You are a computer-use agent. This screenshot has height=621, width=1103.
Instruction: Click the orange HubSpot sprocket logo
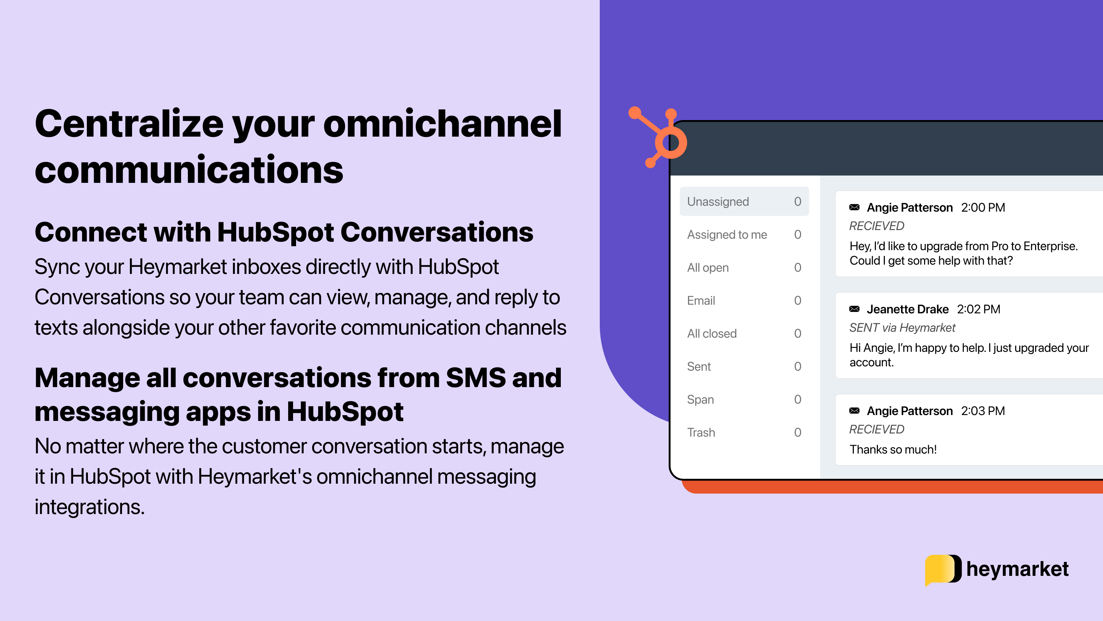[x=661, y=139]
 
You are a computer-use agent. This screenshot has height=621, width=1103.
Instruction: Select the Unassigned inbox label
[x=718, y=201]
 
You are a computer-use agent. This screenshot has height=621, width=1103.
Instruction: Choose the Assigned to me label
[x=727, y=235]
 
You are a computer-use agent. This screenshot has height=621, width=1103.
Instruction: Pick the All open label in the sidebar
[x=707, y=267]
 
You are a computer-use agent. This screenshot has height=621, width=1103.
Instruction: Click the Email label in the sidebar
[x=701, y=300]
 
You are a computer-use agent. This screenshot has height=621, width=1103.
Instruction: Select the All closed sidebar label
[x=712, y=333]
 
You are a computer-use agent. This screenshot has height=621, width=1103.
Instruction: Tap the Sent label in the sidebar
[x=699, y=366]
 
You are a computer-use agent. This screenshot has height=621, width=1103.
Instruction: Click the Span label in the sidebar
[x=700, y=400]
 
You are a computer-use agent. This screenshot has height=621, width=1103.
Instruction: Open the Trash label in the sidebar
[x=701, y=432]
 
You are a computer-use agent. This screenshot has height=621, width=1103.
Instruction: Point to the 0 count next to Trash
[x=797, y=432]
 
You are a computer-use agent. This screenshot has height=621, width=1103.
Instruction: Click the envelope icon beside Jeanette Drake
[x=854, y=309]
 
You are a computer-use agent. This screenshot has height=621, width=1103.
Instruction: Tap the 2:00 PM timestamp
[x=983, y=207]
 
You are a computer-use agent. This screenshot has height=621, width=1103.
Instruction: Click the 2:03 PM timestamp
[x=983, y=411]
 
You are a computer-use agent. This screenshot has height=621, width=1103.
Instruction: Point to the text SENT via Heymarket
[x=902, y=328]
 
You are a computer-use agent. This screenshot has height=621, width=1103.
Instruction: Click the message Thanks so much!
[x=893, y=450]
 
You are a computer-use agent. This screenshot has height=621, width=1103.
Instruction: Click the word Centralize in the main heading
[x=129, y=124]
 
